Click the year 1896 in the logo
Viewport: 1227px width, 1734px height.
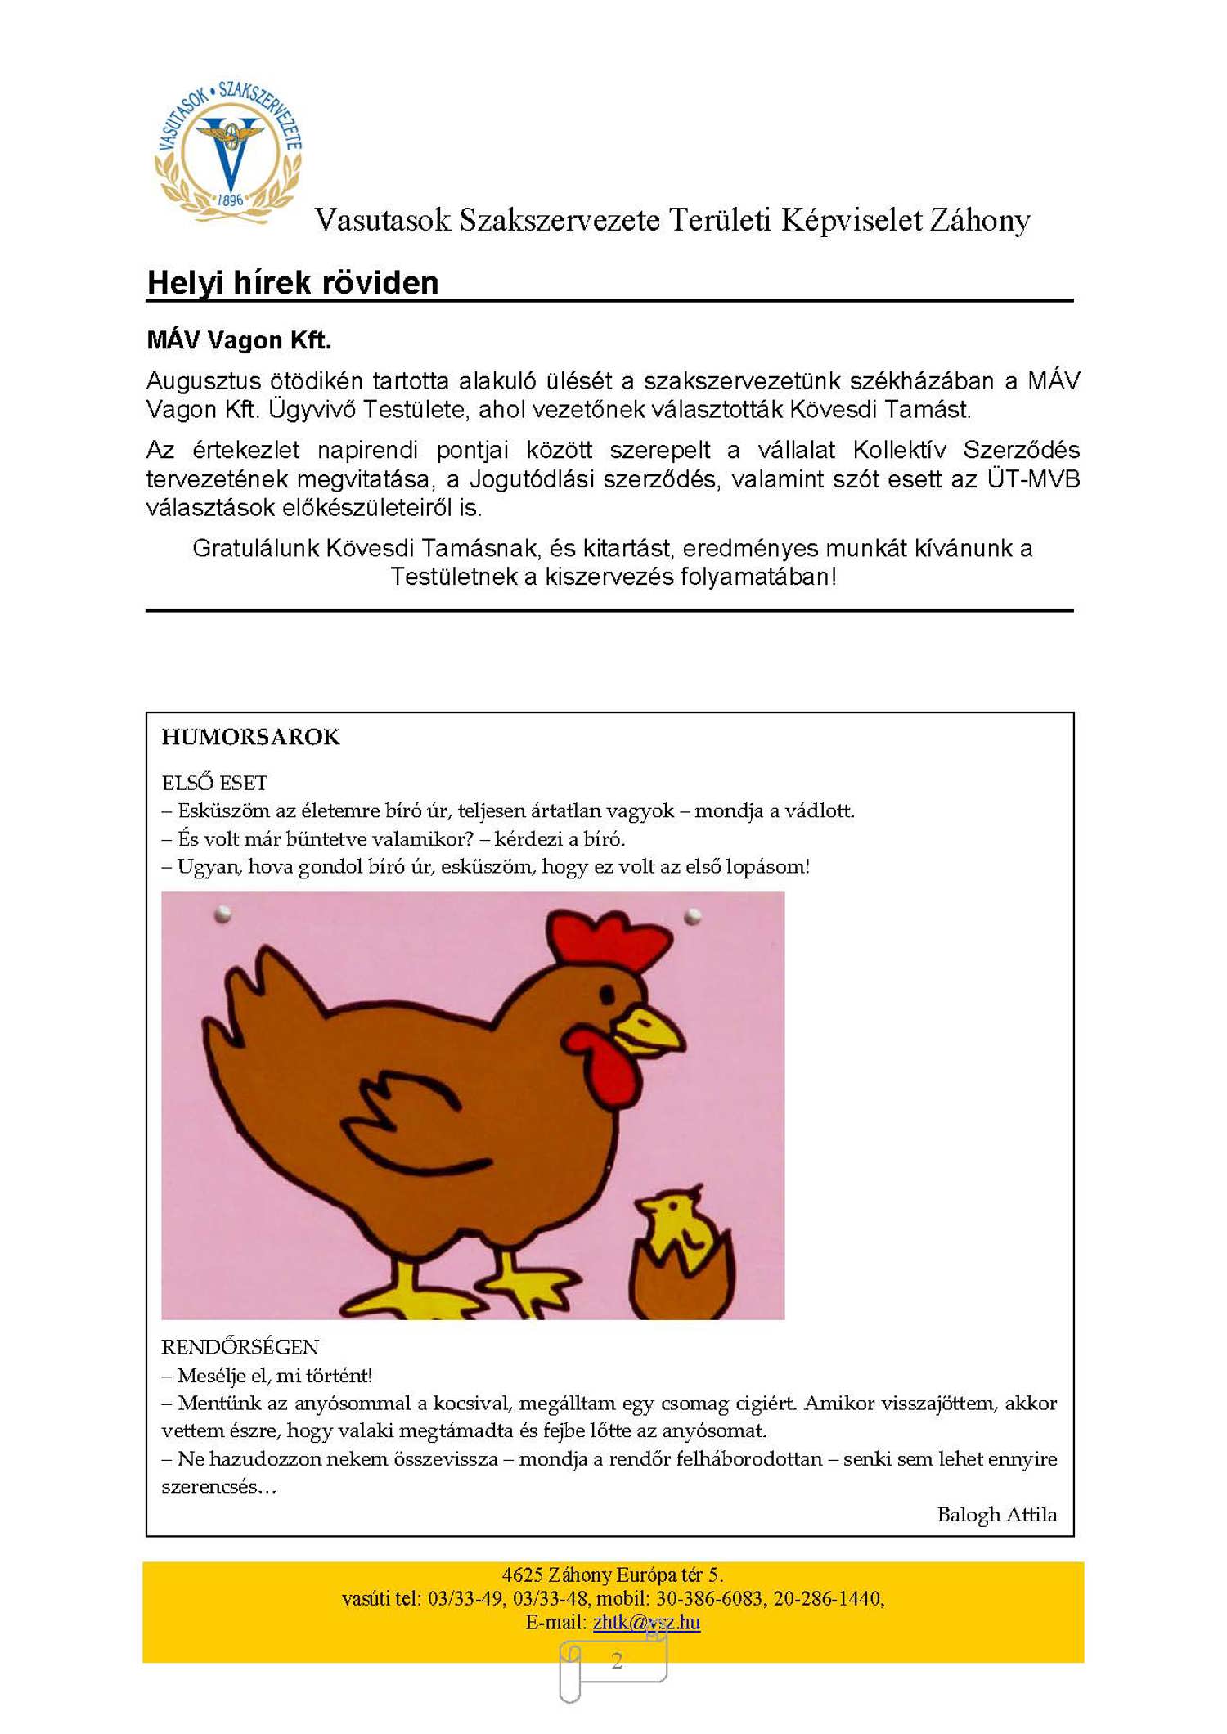pos(231,200)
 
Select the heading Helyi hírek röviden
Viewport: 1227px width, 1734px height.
pos(293,283)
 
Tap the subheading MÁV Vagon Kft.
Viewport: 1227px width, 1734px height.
pos(239,340)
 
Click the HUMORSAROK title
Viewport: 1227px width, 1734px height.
pos(250,737)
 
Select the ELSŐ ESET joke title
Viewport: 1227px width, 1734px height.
pos(214,783)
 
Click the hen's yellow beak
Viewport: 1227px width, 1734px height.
pos(651,1030)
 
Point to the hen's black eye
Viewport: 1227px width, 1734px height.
pos(607,994)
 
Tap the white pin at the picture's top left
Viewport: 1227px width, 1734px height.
pos(222,914)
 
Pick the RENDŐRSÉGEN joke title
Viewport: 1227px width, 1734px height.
pos(240,1347)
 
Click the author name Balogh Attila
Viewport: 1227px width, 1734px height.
pos(996,1514)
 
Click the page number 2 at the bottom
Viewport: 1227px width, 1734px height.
pos(617,1660)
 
